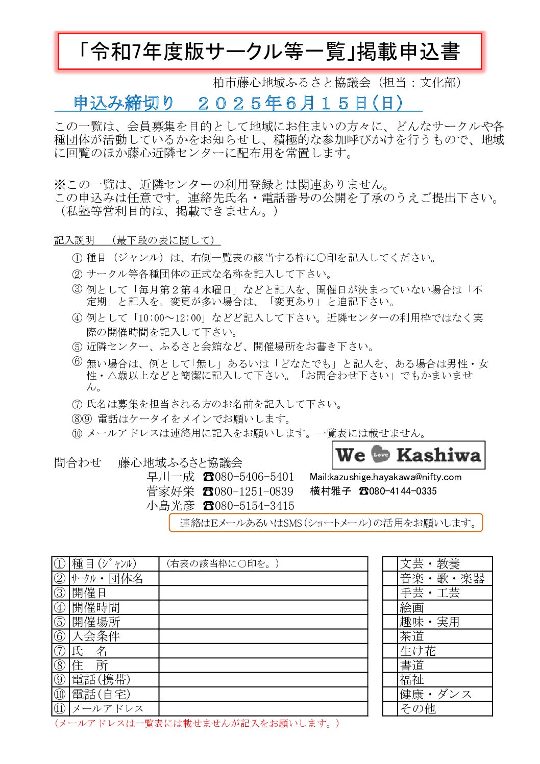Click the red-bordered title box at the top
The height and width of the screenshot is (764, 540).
[269, 52]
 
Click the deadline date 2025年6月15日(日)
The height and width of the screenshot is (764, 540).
[301, 104]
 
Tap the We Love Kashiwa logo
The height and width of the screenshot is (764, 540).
[408, 455]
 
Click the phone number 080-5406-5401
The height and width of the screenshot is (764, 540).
[254, 477]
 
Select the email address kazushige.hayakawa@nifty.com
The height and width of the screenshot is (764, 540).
[395, 477]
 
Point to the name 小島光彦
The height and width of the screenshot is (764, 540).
[170, 506]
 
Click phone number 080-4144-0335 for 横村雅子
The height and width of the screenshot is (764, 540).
[403, 491]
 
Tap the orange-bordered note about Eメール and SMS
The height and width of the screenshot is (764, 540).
[326, 523]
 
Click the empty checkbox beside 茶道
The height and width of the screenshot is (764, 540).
[390, 636]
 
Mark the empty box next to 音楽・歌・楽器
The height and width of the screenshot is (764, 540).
[390, 578]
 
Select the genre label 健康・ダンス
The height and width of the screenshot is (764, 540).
[435, 694]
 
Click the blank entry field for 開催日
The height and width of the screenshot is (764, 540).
[263, 593]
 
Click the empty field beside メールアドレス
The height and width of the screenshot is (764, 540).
[263, 708]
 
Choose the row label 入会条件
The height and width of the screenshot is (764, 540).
[96, 636]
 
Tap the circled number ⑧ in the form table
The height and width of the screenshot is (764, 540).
[60, 665]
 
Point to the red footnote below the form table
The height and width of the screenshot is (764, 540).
[197, 723]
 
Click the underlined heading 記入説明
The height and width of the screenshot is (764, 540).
[75, 240]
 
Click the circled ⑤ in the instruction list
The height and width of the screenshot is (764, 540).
[77, 347]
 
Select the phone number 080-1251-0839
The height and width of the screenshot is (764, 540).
[254, 491]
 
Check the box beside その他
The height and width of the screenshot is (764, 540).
[390, 708]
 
